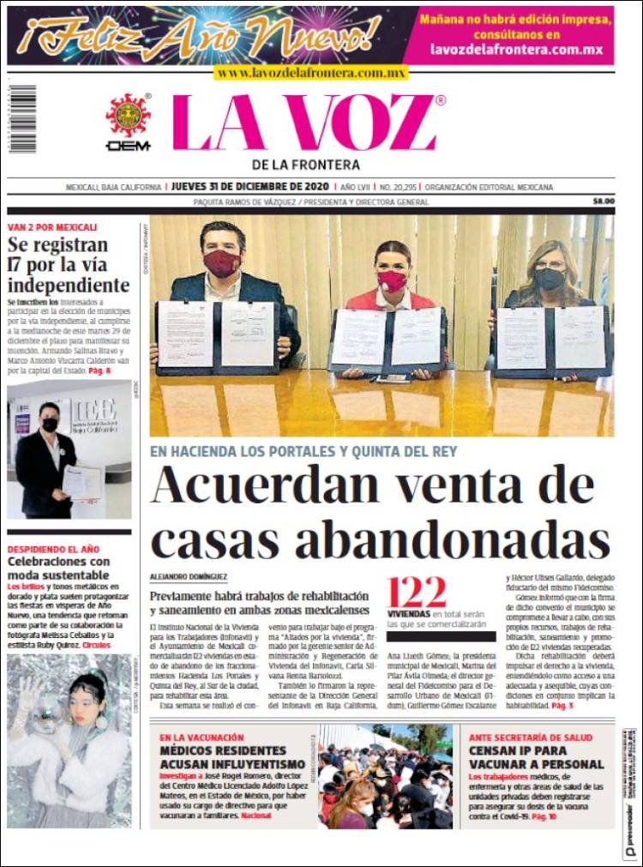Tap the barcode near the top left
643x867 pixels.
22,118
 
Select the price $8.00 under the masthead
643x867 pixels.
604,202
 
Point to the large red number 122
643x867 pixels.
417,593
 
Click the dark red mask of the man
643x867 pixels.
222,263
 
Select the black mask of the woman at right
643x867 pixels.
550,279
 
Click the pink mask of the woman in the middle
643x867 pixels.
392,280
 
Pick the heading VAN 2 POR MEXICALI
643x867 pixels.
52,227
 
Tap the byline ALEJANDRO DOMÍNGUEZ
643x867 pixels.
188,578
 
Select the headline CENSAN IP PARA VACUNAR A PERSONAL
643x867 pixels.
536,757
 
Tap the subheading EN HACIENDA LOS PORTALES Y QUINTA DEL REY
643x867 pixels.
303,451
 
